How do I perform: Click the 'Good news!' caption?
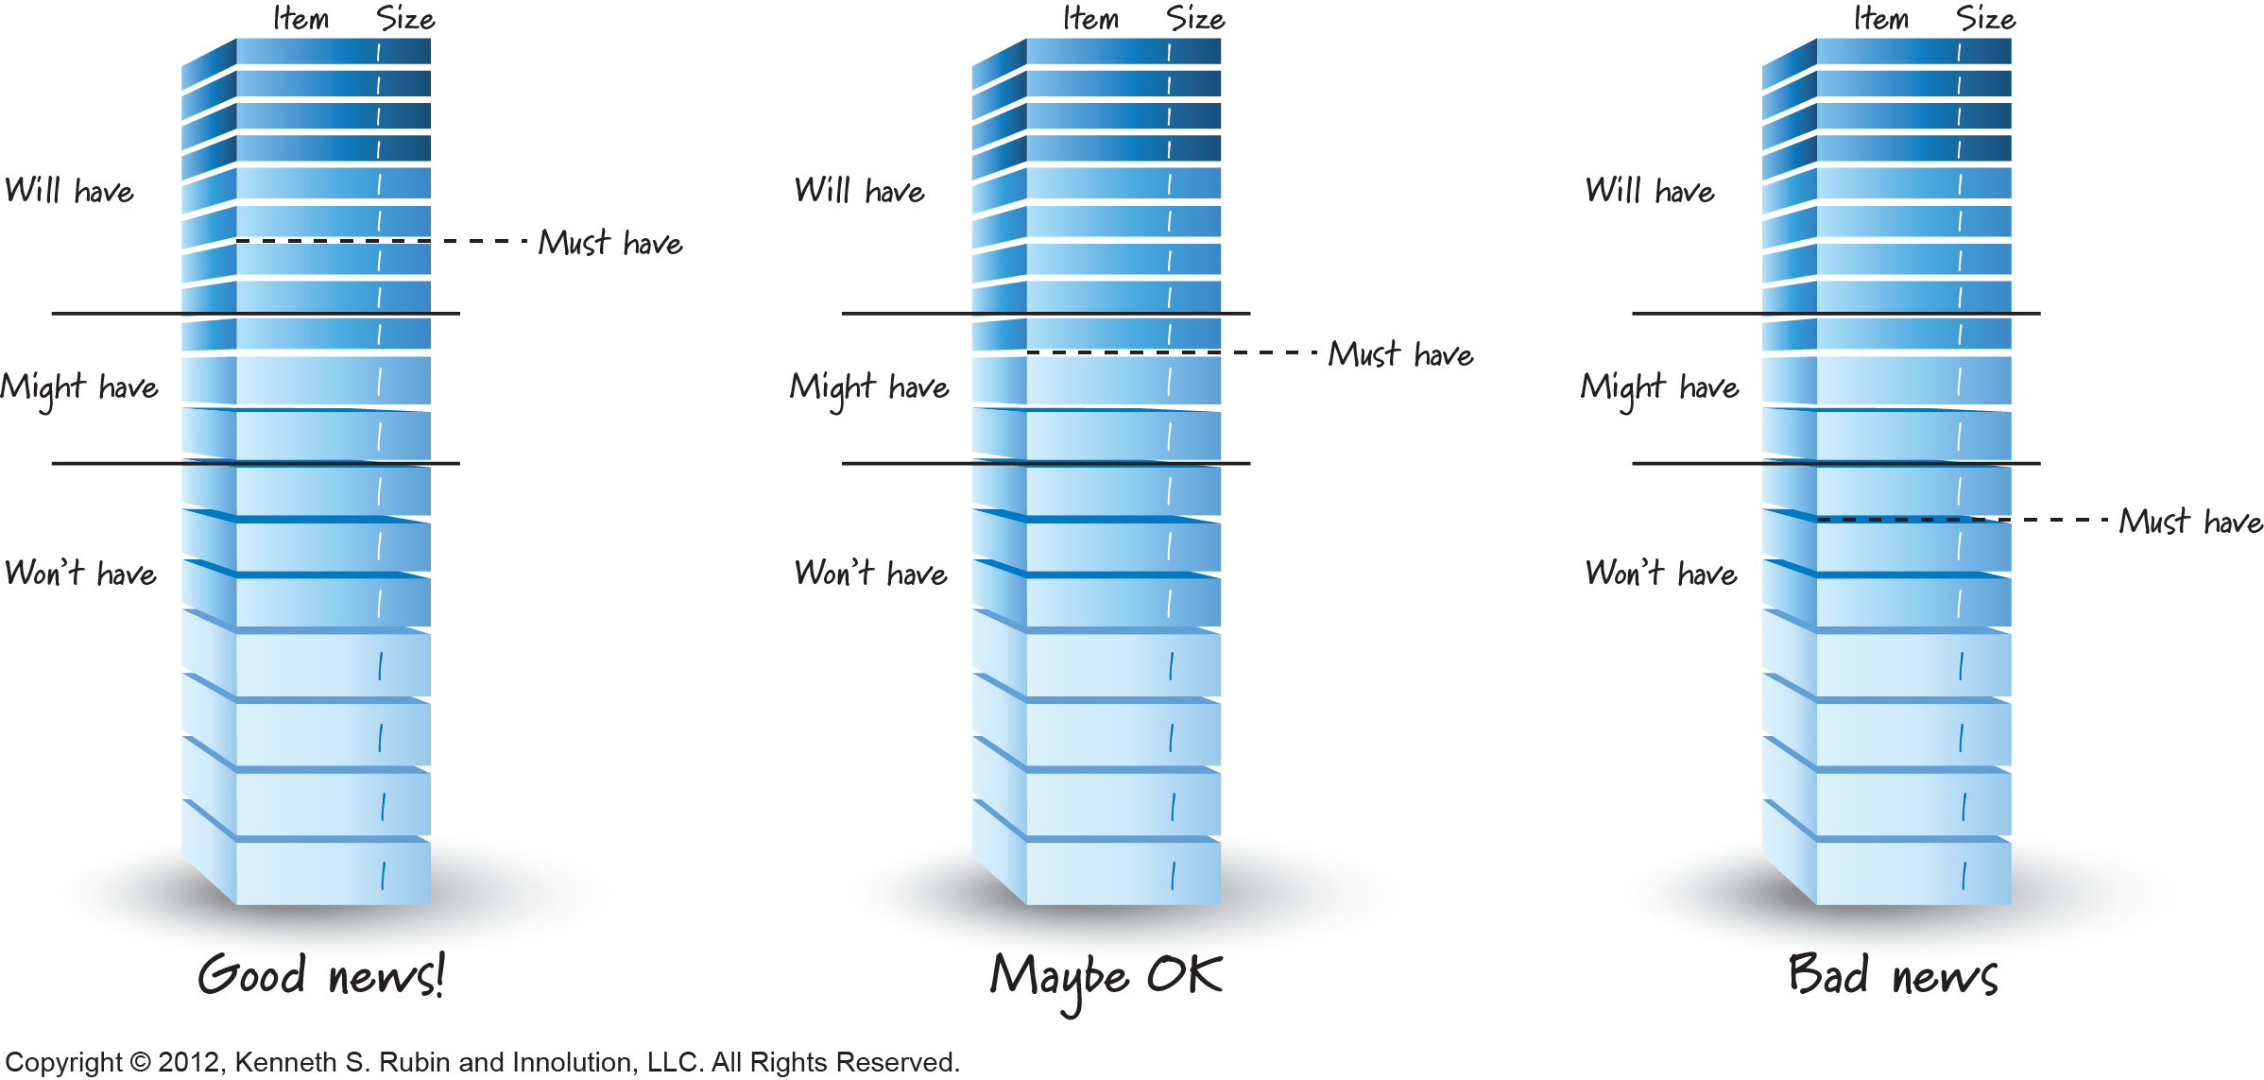[x=320, y=976]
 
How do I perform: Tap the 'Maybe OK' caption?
[x=1106, y=978]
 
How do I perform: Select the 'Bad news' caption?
[x=1893, y=976]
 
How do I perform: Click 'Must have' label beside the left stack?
[x=610, y=243]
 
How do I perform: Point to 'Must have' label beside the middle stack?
[x=1400, y=354]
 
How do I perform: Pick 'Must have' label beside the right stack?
[x=2190, y=522]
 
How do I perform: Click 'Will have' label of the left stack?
[x=69, y=191]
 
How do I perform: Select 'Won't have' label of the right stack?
[x=1660, y=574]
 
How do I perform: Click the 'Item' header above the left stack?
[x=300, y=19]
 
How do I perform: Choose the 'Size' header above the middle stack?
[x=1195, y=19]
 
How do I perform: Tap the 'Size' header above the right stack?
[x=1985, y=19]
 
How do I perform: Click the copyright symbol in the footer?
[x=140, y=1063]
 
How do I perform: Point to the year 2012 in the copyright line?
[x=188, y=1063]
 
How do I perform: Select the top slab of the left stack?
[x=333, y=52]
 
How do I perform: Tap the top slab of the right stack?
[x=1912, y=52]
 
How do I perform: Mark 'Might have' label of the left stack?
[x=79, y=387]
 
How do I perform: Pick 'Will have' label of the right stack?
[x=1650, y=191]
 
